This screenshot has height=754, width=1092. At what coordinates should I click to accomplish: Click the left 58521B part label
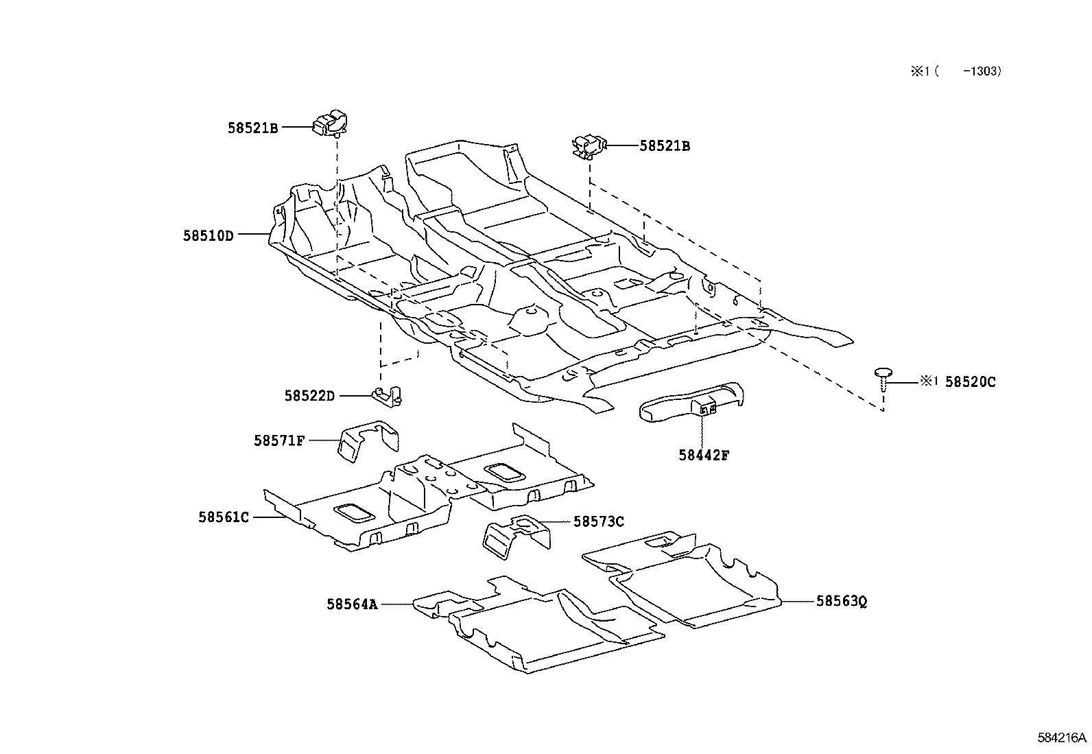253,128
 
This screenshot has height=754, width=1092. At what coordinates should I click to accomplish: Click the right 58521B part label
665,146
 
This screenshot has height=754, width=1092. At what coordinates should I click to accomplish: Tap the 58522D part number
309,396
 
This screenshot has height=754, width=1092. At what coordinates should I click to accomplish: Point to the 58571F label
278,441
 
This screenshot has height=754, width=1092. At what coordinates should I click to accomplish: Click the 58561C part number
224,517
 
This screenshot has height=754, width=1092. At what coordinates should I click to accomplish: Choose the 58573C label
598,521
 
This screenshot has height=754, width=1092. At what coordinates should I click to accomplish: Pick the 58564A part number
352,604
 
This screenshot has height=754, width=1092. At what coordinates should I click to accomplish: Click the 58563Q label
842,602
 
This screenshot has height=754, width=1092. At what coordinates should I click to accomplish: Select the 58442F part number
704,454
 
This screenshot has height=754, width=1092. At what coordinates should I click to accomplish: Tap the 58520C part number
970,381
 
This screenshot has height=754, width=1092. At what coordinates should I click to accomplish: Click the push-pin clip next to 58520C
883,376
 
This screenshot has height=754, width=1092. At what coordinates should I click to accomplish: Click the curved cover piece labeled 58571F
370,439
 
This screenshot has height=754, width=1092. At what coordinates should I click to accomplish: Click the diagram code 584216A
1062,738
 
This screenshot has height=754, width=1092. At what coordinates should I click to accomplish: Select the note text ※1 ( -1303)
955,71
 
